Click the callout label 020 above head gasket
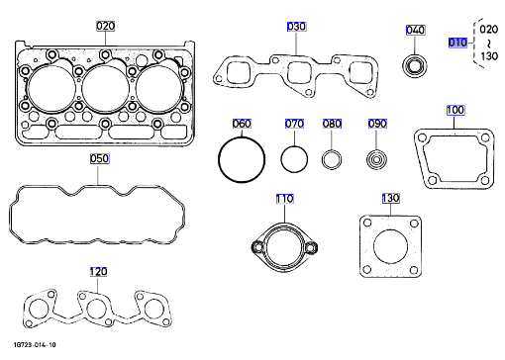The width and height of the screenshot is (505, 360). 105,26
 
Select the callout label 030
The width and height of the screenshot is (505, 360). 296,27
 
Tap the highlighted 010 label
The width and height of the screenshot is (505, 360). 457,43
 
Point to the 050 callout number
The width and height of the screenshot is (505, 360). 99,158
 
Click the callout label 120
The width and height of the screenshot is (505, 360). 98,272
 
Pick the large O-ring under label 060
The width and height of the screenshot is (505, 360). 219,159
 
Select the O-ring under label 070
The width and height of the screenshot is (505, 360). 281,159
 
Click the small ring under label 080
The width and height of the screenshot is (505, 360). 324,160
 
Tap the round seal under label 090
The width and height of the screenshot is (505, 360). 376,160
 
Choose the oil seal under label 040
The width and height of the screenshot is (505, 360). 415,66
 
